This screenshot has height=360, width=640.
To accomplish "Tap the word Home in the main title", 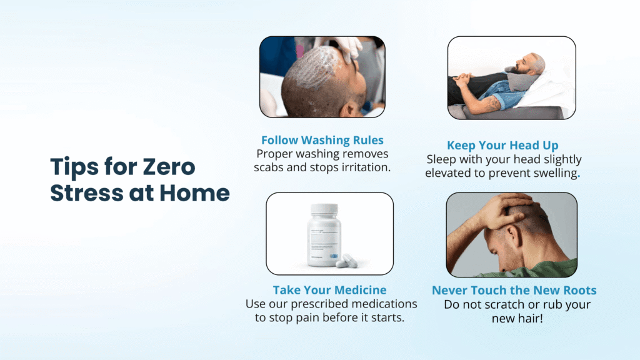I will coord(194,193).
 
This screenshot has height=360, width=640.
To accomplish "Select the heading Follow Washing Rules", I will coord(322,140).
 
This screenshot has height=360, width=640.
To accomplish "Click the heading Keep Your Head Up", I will coord(502,146).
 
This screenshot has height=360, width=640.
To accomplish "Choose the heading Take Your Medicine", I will coord(329,290).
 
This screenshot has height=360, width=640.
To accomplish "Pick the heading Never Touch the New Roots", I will coord(514,291).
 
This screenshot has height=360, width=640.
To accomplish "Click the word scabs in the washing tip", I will coord(272,167).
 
